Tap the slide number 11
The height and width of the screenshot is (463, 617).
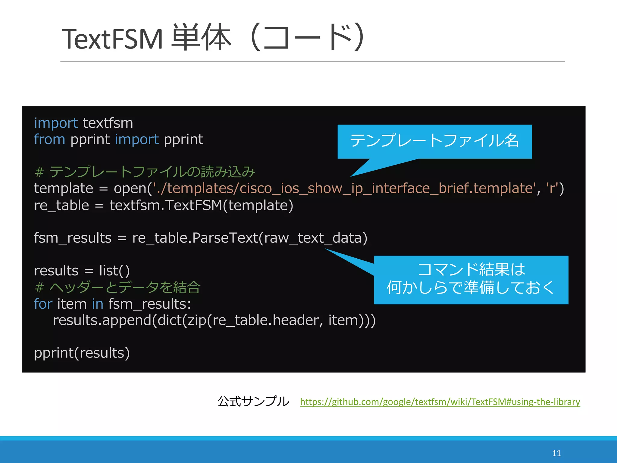[556, 453]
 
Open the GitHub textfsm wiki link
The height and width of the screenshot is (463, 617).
[440, 402]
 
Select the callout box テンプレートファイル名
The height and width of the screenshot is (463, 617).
[434, 141]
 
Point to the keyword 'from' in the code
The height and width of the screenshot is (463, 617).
[49, 140]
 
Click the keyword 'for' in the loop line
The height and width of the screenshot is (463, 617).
[43, 304]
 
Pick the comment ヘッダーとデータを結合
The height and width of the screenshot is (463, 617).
[117, 287]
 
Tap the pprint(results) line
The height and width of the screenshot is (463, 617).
[82, 353]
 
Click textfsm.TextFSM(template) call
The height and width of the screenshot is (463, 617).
[201, 206]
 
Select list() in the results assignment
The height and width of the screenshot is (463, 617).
[114, 271]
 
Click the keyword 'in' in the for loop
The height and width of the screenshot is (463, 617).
[98, 304]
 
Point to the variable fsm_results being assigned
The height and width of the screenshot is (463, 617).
[73, 238]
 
